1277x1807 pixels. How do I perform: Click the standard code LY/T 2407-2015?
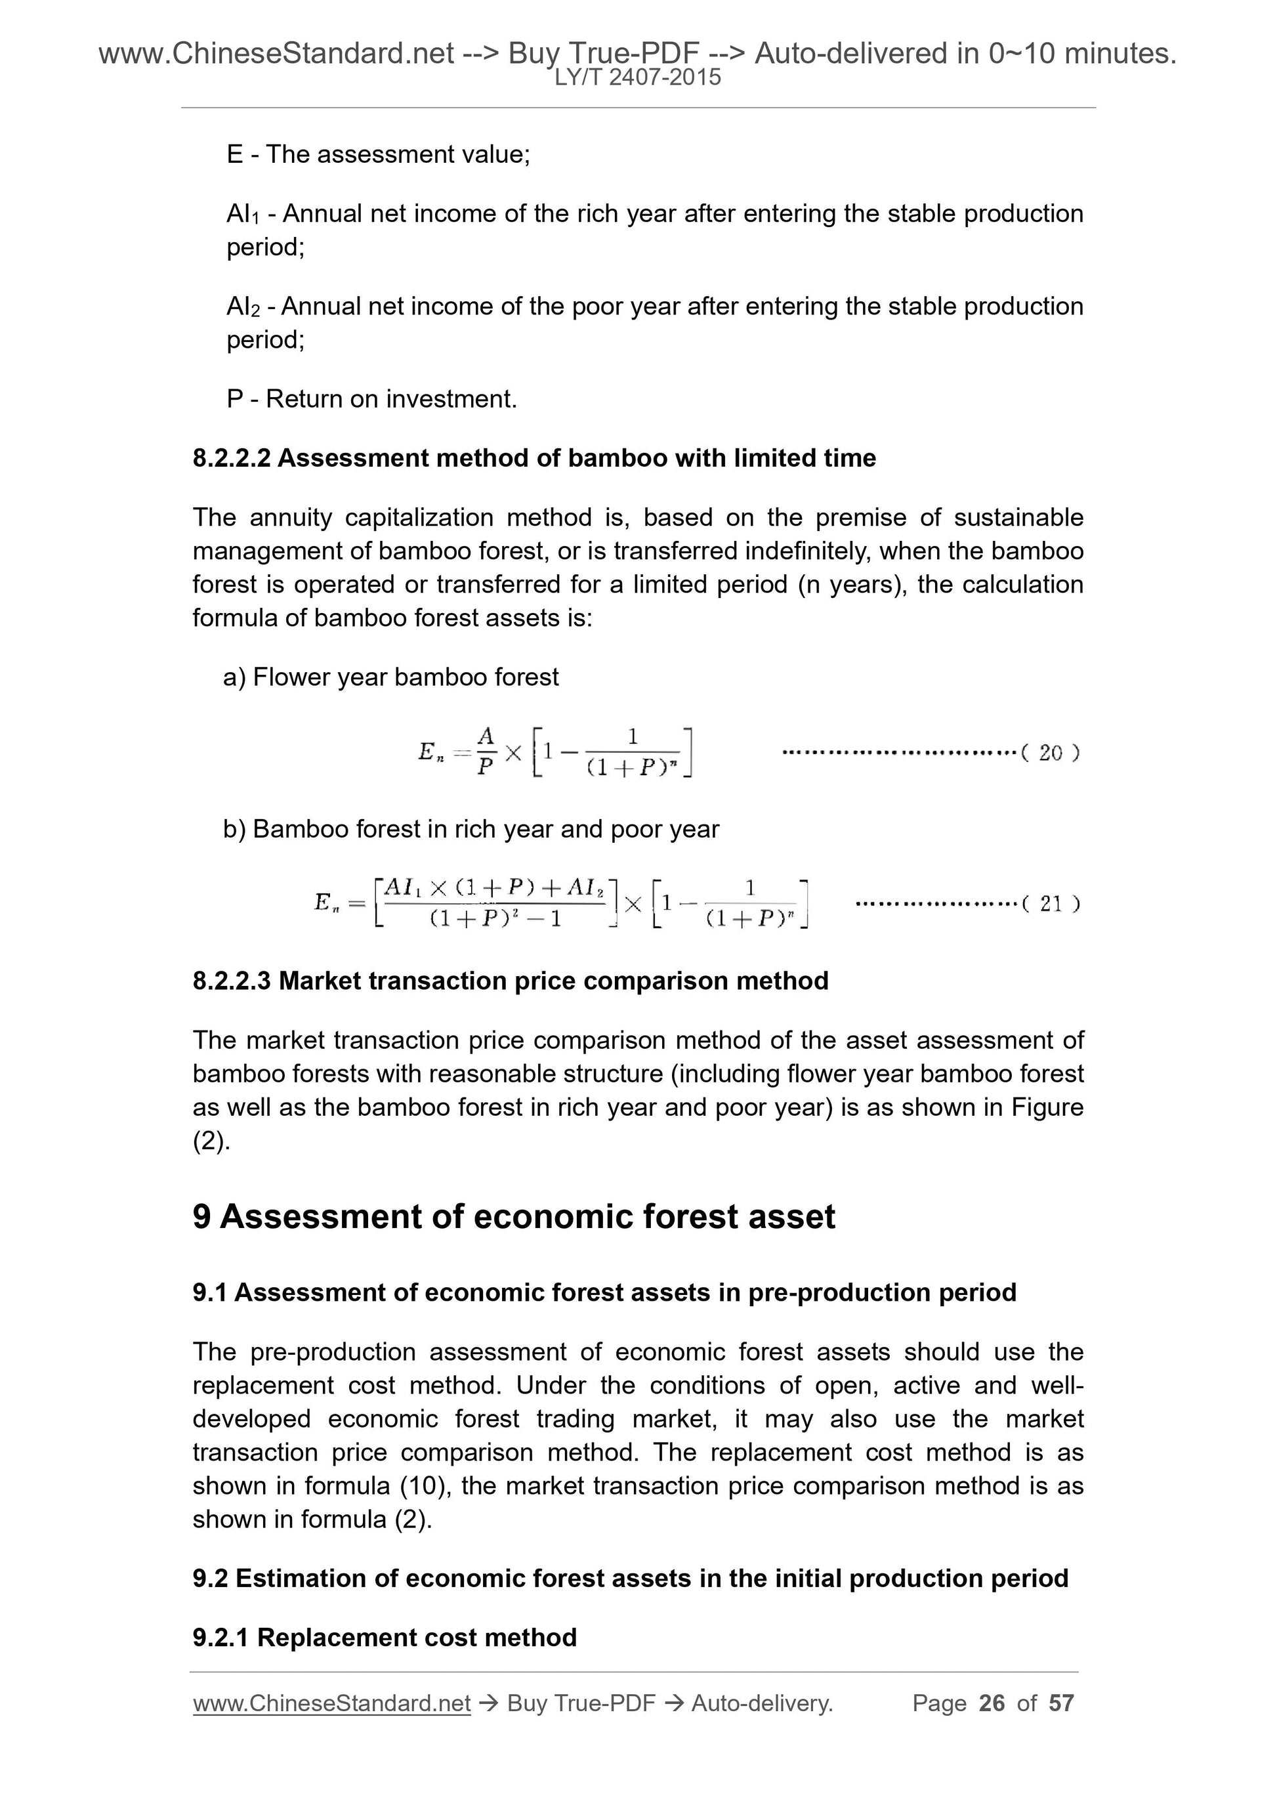click(637, 77)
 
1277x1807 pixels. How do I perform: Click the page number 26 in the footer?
click(992, 1703)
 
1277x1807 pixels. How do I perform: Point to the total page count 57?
click(1060, 1703)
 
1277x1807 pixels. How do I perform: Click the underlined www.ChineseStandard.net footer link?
click(331, 1703)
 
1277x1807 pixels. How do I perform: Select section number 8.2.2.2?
click(232, 458)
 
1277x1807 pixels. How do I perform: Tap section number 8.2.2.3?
click(232, 981)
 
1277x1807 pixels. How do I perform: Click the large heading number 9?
click(202, 1216)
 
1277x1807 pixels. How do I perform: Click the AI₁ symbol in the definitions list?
click(242, 214)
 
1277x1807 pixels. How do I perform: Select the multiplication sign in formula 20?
click(513, 753)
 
